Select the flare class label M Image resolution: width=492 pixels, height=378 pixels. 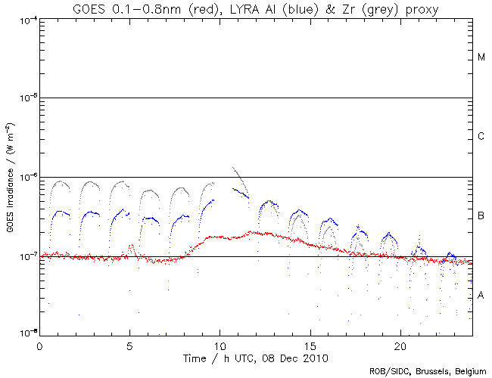tap(481, 57)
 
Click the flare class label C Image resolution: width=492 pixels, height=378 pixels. tap(481, 137)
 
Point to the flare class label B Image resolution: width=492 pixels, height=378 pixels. tap(481, 217)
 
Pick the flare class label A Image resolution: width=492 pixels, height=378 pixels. tap(481, 296)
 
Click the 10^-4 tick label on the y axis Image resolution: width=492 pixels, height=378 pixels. tap(26, 19)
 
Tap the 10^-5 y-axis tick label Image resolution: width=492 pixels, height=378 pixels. tap(26, 98)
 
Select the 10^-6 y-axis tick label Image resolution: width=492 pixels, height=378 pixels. tap(26, 178)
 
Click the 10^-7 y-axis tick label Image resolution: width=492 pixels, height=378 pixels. tap(26, 257)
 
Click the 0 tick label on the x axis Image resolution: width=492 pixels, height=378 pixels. tap(39, 345)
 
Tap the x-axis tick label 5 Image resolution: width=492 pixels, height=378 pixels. tap(129, 345)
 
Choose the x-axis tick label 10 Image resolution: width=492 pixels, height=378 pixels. tap(220, 345)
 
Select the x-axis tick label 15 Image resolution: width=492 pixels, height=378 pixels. tap(310, 345)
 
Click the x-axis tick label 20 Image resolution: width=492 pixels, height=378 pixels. tap(400, 345)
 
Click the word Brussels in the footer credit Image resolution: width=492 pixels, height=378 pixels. tap(430, 371)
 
